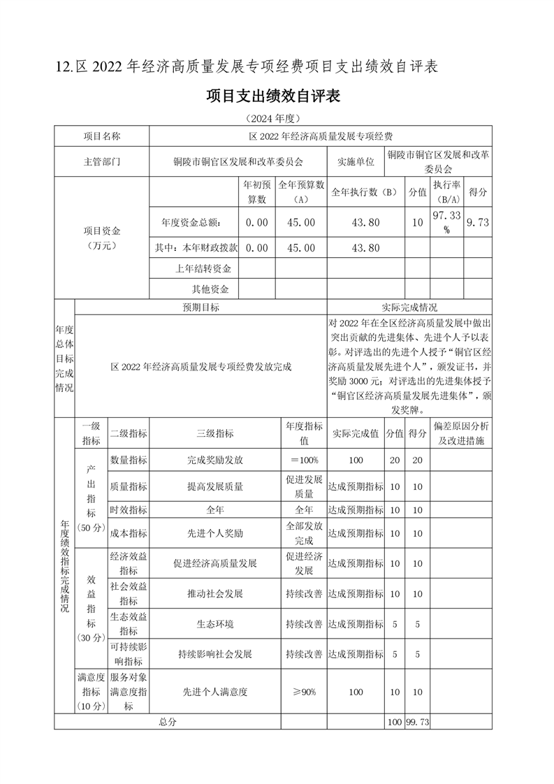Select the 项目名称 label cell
(102, 136)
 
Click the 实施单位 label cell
(356, 161)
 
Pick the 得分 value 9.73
(479, 222)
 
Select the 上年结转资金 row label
(203, 268)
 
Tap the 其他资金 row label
(210, 289)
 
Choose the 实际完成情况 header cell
(409, 307)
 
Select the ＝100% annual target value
(304, 460)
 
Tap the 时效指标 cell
(129, 509)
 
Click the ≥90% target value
(304, 692)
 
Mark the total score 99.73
(417, 722)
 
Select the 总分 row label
(168, 722)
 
